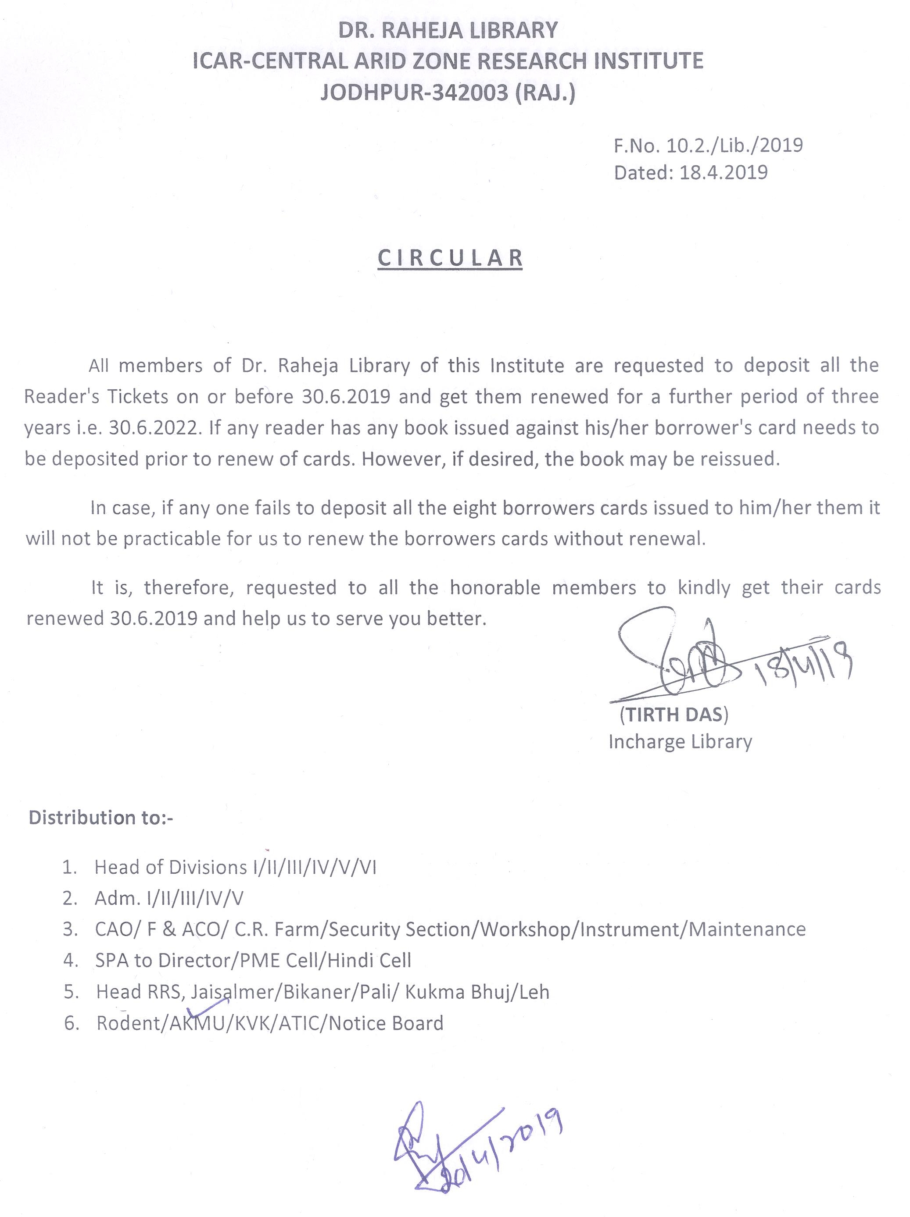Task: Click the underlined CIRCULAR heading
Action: click(450, 258)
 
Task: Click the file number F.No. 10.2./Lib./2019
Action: click(708, 145)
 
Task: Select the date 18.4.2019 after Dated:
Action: click(724, 173)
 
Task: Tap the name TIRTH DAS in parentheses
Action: click(674, 714)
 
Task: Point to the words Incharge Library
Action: click(680, 742)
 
